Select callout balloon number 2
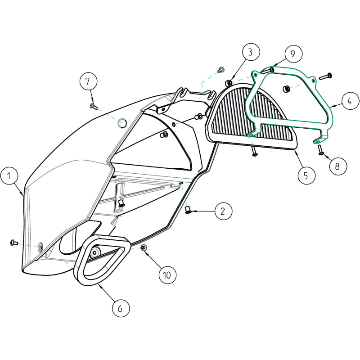click(223, 211)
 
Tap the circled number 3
click(251, 53)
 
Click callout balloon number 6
click(120, 308)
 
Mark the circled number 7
click(88, 81)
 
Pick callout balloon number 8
click(337, 165)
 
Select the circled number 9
click(292, 54)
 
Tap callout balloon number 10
click(167, 274)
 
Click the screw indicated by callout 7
click(93, 106)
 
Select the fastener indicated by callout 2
click(189, 209)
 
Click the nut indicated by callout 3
click(229, 83)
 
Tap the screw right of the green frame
click(325, 76)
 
